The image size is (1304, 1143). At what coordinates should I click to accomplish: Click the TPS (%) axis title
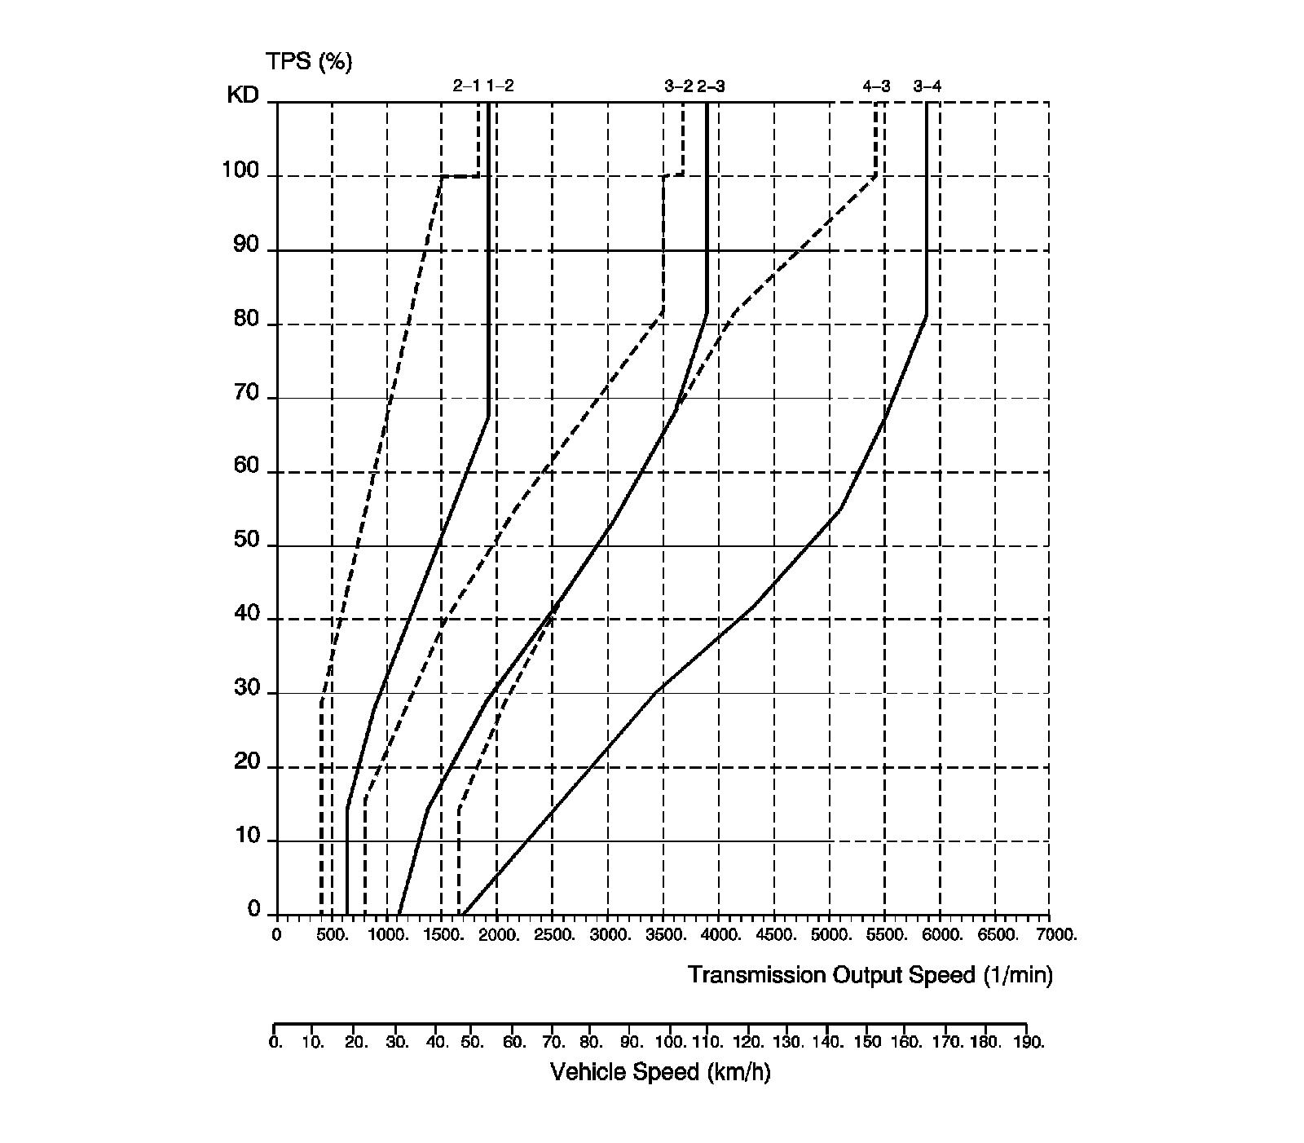309,61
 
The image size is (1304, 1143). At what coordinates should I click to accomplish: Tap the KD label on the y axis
242,95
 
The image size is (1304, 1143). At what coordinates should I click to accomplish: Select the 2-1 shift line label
466,86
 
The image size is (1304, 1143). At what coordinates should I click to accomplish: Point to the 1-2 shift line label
500,86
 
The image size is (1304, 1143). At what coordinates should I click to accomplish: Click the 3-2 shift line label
678,86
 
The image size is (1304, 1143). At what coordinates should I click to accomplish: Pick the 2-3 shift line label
711,86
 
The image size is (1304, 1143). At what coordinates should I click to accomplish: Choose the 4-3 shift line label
877,86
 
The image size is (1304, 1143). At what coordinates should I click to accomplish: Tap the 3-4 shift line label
927,86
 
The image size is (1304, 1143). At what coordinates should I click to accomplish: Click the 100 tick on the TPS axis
240,172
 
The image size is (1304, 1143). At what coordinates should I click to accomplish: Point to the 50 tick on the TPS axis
246,541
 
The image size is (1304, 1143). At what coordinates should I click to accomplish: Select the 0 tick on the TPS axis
253,910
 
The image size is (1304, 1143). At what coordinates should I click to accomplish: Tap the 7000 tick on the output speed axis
1058,935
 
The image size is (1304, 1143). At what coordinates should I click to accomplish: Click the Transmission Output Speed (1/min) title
870,975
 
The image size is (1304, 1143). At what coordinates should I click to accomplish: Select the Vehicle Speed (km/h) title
660,1071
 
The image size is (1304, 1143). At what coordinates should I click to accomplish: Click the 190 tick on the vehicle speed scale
1028,1042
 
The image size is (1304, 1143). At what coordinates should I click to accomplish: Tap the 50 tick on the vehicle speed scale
473,1042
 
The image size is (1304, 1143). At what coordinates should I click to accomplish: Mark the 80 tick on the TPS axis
246,320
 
